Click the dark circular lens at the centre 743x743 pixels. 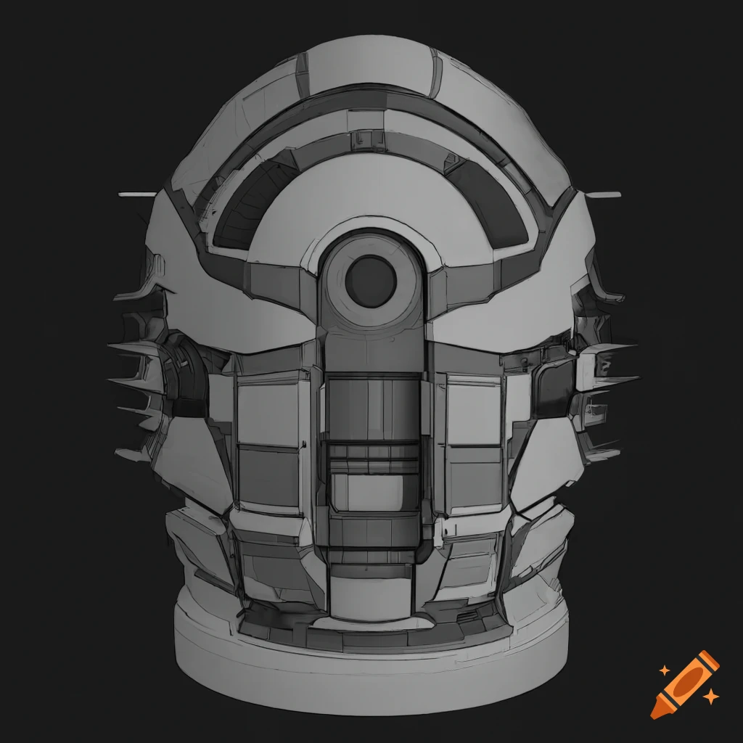tap(370, 281)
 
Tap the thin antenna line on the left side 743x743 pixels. tap(137, 194)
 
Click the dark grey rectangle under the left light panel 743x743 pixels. tap(268, 475)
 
